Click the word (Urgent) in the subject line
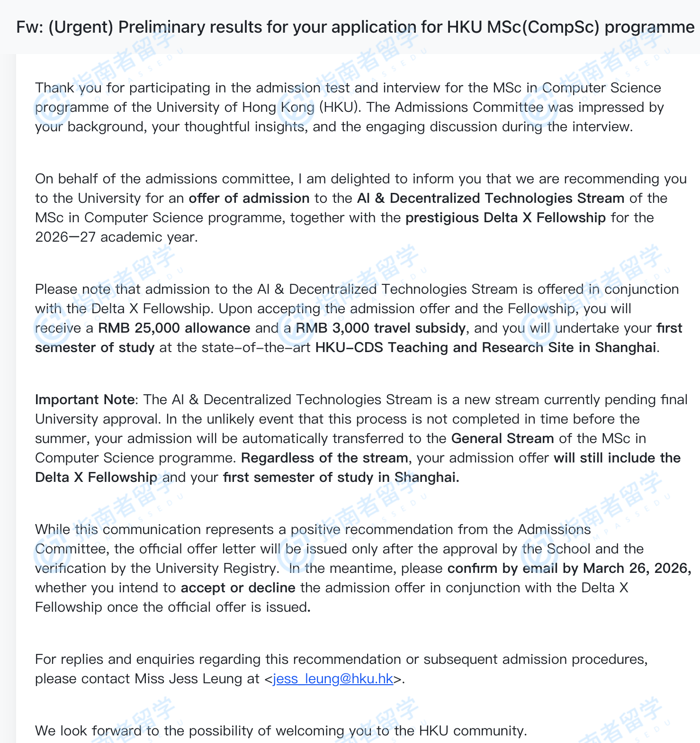[x=81, y=27]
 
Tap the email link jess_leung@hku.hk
[x=333, y=679]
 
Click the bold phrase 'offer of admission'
[x=249, y=198]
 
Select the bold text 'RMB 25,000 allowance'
[x=174, y=328]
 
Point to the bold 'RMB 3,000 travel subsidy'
[x=381, y=328]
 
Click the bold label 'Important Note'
[x=85, y=399]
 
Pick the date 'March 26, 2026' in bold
[x=637, y=568]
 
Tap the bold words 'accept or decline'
[x=238, y=588]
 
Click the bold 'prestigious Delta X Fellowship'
[x=505, y=217]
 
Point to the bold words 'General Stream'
[x=502, y=438]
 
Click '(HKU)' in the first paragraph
[x=338, y=107]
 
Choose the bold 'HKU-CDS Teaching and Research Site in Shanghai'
[x=485, y=347]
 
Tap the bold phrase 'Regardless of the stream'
[x=324, y=458]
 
